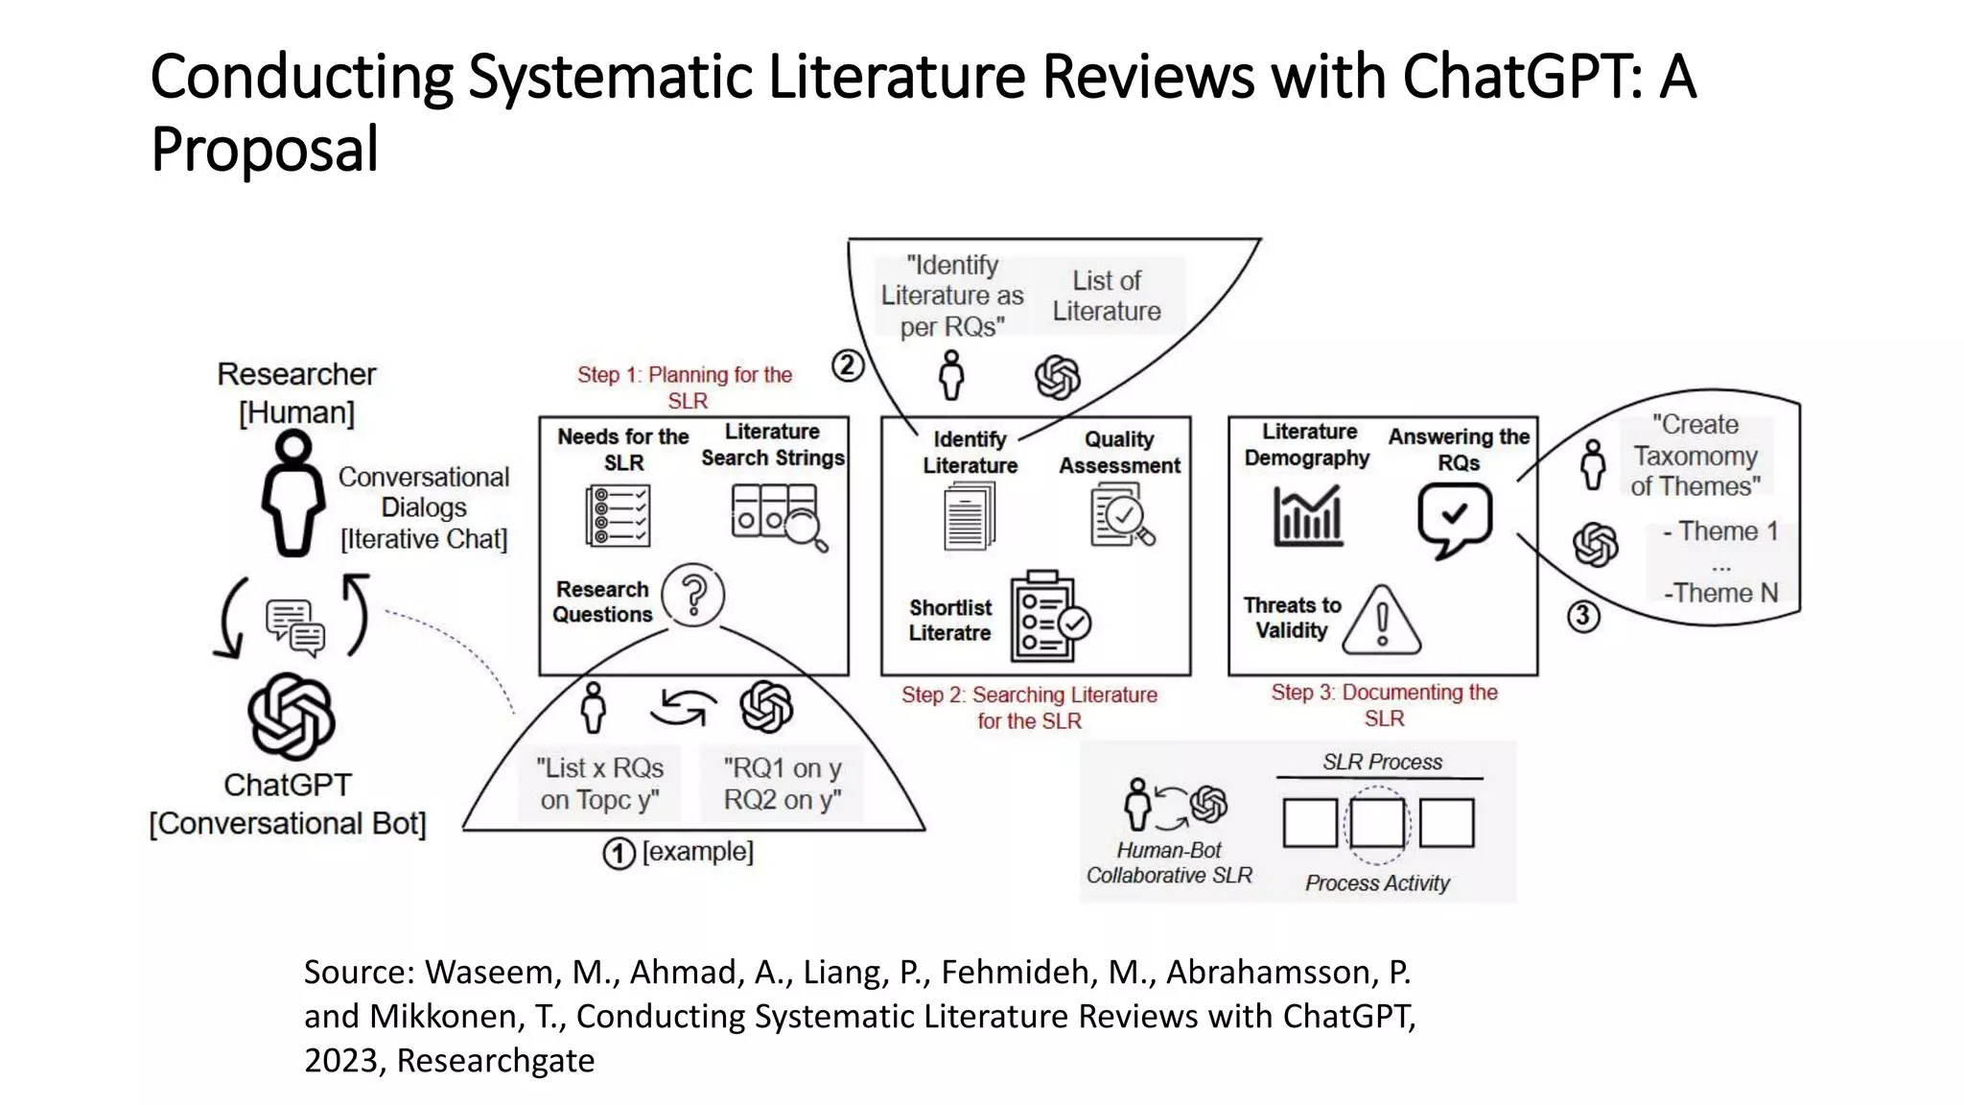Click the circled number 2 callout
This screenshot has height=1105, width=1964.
tap(848, 365)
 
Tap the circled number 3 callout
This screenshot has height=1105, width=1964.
tap(1583, 616)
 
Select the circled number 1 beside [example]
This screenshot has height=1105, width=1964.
tap(619, 853)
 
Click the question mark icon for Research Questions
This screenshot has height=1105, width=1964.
tap(692, 595)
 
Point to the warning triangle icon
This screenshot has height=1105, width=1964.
tap(1382, 622)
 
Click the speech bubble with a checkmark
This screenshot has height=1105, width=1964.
tap(1455, 519)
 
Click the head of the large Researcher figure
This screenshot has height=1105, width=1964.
tap(292, 447)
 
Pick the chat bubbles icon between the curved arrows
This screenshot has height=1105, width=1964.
tap(294, 627)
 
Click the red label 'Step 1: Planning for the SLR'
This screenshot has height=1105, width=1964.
tap(685, 388)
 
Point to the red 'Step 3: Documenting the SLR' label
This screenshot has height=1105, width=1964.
tap(1384, 705)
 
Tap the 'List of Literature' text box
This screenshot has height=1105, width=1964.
tap(1107, 295)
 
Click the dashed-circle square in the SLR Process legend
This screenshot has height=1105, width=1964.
tap(1377, 823)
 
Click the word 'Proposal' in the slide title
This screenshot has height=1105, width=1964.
tap(265, 150)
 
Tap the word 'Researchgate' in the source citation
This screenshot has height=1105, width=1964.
tap(496, 1060)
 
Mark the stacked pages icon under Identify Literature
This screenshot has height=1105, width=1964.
tap(970, 515)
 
